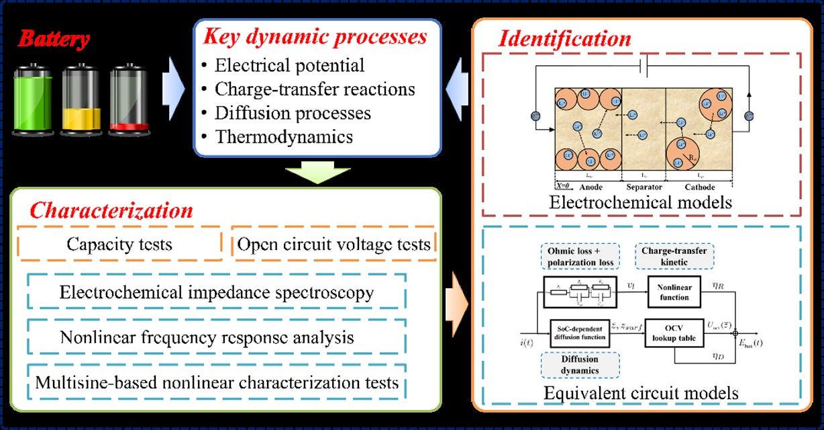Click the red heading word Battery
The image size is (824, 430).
[x=54, y=39]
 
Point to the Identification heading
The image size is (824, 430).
[x=564, y=38]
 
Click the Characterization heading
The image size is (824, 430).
[x=111, y=211]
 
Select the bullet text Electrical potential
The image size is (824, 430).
[x=289, y=66]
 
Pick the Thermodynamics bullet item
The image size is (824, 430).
[x=283, y=137]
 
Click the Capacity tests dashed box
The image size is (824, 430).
[x=119, y=244]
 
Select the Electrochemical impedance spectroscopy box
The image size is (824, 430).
[x=217, y=293]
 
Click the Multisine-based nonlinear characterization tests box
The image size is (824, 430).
[x=217, y=383]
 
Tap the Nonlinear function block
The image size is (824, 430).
[x=674, y=293]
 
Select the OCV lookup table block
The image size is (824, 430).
[x=673, y=332]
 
